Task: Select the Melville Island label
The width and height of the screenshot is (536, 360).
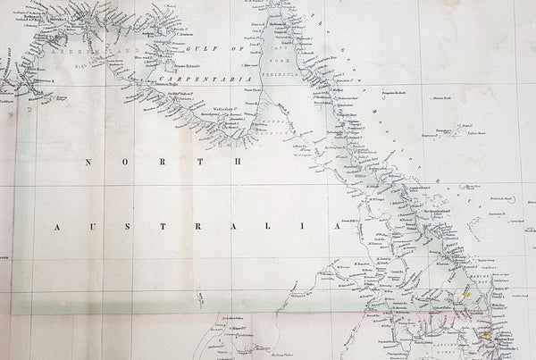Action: [x=59, y=16]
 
